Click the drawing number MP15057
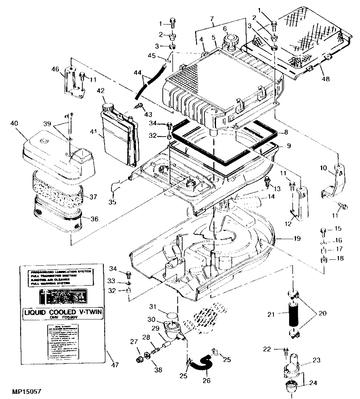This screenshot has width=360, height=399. click(26, 392)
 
